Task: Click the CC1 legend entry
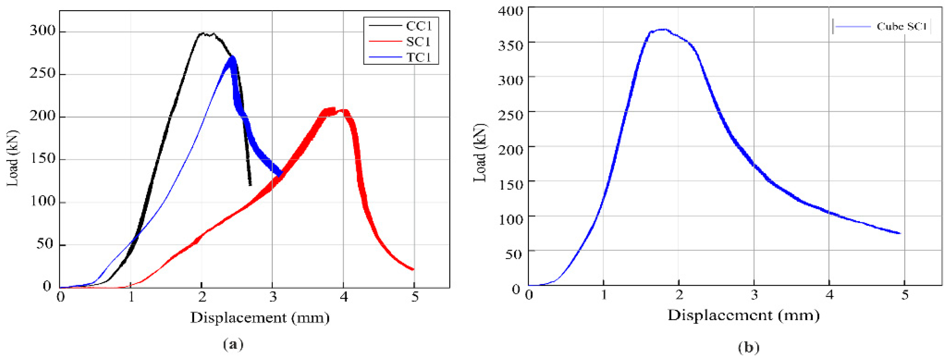pos(419,26)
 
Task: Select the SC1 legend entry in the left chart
pos(419,42)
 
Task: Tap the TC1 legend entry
pos(419,58)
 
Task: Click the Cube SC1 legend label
pos(901,26)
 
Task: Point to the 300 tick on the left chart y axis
pos(43,31)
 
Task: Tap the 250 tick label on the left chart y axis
pos(43,74)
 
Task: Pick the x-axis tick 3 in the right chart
pos(754,295)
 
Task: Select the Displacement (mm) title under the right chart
pos(743,316)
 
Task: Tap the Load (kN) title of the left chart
pos(13,158)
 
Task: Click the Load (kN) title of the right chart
pos(480,153)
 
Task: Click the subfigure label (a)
pos(233,344)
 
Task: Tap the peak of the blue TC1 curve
pos(232,57)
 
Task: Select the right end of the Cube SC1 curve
pos(900,233)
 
